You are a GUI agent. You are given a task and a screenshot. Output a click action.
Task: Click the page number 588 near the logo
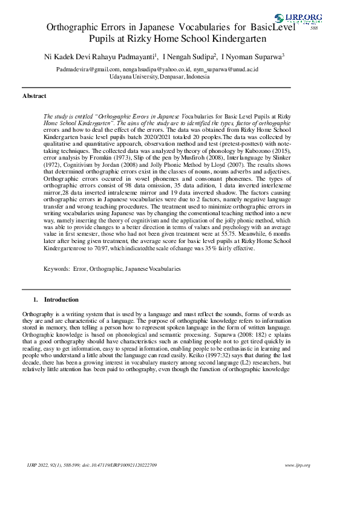pos(313,28)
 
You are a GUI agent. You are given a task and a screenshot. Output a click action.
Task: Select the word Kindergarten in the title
pos(238,39)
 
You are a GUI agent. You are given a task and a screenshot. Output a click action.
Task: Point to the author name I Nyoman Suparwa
pos(253,57)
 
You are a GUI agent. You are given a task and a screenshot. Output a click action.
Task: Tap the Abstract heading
pos(34,96)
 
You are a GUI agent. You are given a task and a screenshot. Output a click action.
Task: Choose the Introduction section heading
pos(61,299)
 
